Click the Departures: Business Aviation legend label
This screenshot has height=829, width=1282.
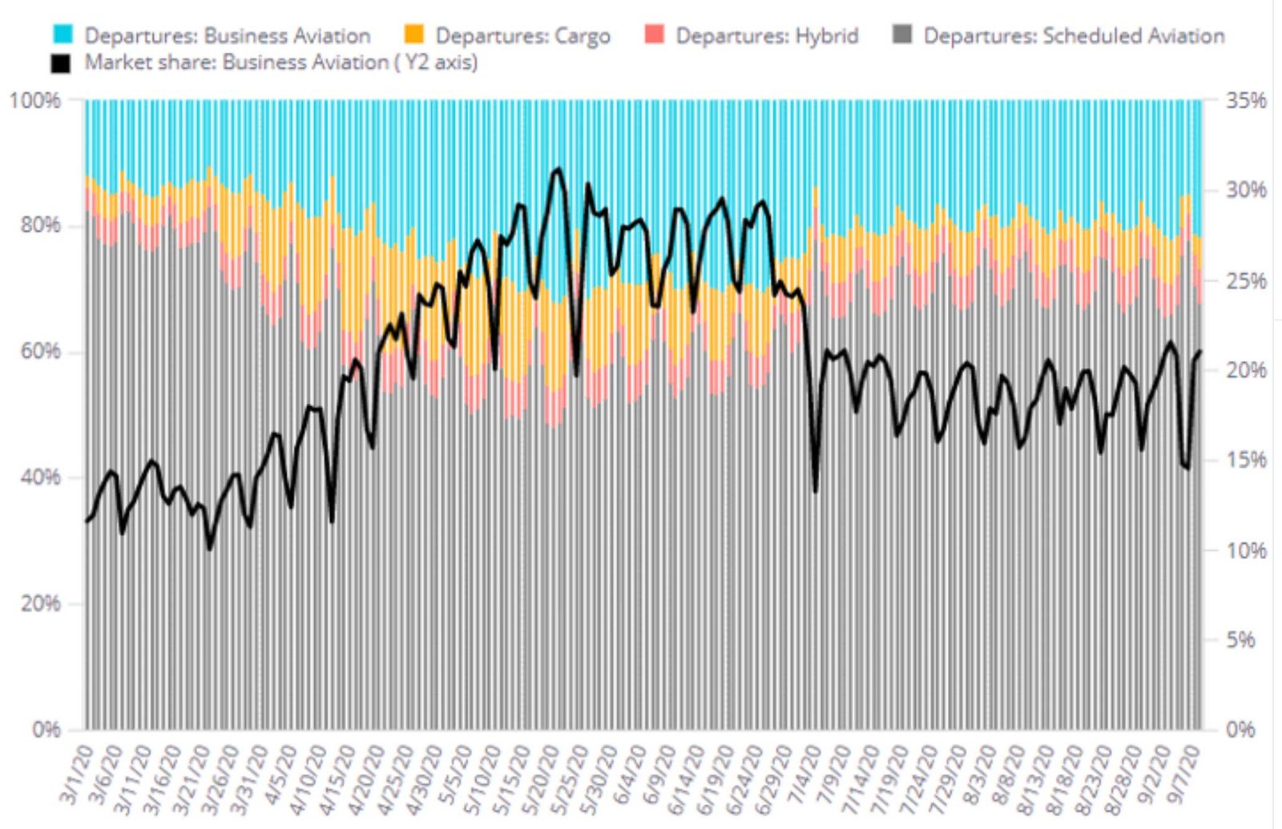coord(227,36)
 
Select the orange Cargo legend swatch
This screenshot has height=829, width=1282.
coord(414,35)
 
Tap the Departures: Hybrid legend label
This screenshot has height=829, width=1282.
coord(766,36)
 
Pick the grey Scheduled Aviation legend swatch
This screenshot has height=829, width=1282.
coord(902,35)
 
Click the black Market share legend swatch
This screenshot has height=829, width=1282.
coord(61,62)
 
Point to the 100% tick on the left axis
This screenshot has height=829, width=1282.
coord(34,101)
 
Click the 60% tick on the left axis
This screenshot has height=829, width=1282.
coord(40,352)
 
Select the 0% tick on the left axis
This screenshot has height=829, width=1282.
coord(46,730)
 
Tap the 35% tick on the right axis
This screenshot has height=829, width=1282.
coord(1246,101)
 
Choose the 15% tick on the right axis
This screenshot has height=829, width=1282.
coord(1246,460)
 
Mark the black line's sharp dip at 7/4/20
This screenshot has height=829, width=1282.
coord(816,490)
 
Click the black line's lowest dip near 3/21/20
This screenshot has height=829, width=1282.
coord(210,548)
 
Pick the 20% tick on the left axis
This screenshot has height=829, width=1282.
coord(40,604)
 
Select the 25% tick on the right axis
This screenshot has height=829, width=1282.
coord(1246,281)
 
